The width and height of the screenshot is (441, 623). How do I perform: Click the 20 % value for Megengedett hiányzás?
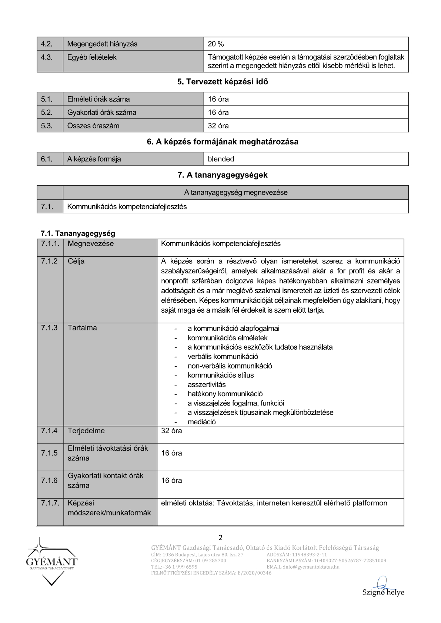tap(216, 44)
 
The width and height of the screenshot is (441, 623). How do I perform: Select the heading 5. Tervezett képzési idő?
tap(223, 82)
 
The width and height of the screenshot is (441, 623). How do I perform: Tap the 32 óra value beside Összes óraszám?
tap(218, 126)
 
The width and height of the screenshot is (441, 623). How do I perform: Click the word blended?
tap(221, 159)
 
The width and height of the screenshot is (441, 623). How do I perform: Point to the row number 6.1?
tap(47, 159)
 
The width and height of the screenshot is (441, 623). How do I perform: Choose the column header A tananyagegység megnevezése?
tap(235, 192)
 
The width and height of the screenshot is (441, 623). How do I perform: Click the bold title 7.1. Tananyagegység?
tap(78, 233)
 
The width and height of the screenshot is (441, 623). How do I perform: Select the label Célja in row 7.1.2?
tap(76, 261)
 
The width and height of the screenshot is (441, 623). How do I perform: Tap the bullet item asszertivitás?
tap(206, 384)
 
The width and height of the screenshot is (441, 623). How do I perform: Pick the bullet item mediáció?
tap(201, 422)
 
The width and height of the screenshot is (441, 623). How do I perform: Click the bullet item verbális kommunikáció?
tap(223, 357)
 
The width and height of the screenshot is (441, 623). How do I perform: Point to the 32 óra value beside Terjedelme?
tap(171, 431)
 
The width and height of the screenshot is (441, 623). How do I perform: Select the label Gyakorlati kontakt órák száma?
tap(105, 480)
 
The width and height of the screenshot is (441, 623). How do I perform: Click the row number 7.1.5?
tap(49, 453)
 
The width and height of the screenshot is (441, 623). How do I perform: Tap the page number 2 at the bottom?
tap(221, 538)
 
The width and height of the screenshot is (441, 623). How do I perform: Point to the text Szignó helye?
tap(383, 592)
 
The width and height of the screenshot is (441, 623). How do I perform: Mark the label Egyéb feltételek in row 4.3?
tap(92, 57)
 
